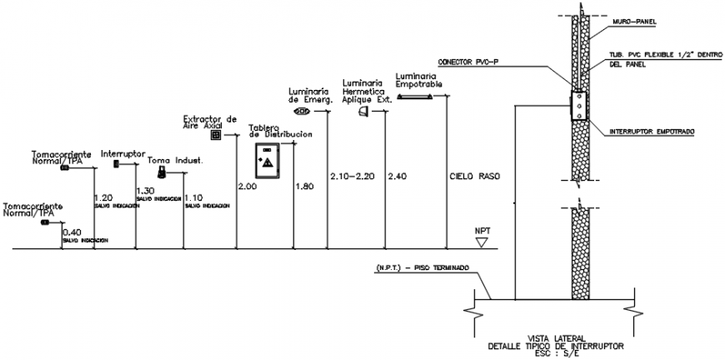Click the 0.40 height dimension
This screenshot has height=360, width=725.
click(72, 232)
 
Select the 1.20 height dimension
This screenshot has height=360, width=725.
click(103, 197)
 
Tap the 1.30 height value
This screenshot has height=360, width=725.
click(145, 191)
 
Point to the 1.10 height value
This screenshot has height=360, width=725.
click(193, 197)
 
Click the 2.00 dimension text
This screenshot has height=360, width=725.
click(247, 187)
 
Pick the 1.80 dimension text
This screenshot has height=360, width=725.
click(304, 187)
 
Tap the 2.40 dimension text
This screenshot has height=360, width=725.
click(398, 177)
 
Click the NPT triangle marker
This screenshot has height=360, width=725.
click(482, 242)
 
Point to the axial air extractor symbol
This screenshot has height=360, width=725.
click(215, 134)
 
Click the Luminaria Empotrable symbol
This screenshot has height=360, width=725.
click(414, 97)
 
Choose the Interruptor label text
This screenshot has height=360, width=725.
click(123, 154)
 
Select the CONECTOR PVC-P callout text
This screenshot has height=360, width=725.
click(471, 62)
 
